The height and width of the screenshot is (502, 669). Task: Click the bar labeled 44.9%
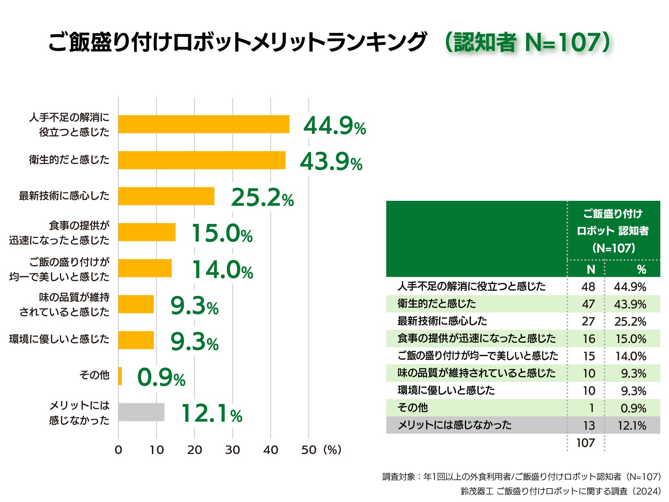(204, 124)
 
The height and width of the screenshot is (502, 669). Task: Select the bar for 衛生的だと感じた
(202, 160)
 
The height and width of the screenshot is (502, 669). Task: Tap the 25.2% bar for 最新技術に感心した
(166, 196)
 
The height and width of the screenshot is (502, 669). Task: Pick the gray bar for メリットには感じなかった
(141, 412)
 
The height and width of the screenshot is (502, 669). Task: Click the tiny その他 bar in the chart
(120, 376)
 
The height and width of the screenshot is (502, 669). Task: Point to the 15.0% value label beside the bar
(222, 234)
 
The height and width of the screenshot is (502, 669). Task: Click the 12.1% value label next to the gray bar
(211, 413)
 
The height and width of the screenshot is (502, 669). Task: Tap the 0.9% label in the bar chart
(161, 378)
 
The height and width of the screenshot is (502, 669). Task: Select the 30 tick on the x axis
(232, 450)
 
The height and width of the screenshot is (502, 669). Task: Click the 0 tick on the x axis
(118, 450)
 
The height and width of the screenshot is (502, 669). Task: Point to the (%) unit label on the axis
(332, 450)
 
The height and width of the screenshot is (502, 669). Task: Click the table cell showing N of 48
(588, 287)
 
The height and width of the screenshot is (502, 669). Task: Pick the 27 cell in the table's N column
(588, 321)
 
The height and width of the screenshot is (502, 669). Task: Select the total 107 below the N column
(585, 443)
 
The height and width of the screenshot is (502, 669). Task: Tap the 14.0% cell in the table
(631, 356)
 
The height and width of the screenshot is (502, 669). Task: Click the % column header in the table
(641, 269)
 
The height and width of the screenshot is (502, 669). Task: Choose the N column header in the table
(591, 269)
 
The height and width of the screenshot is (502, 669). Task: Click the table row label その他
(413, 408)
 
